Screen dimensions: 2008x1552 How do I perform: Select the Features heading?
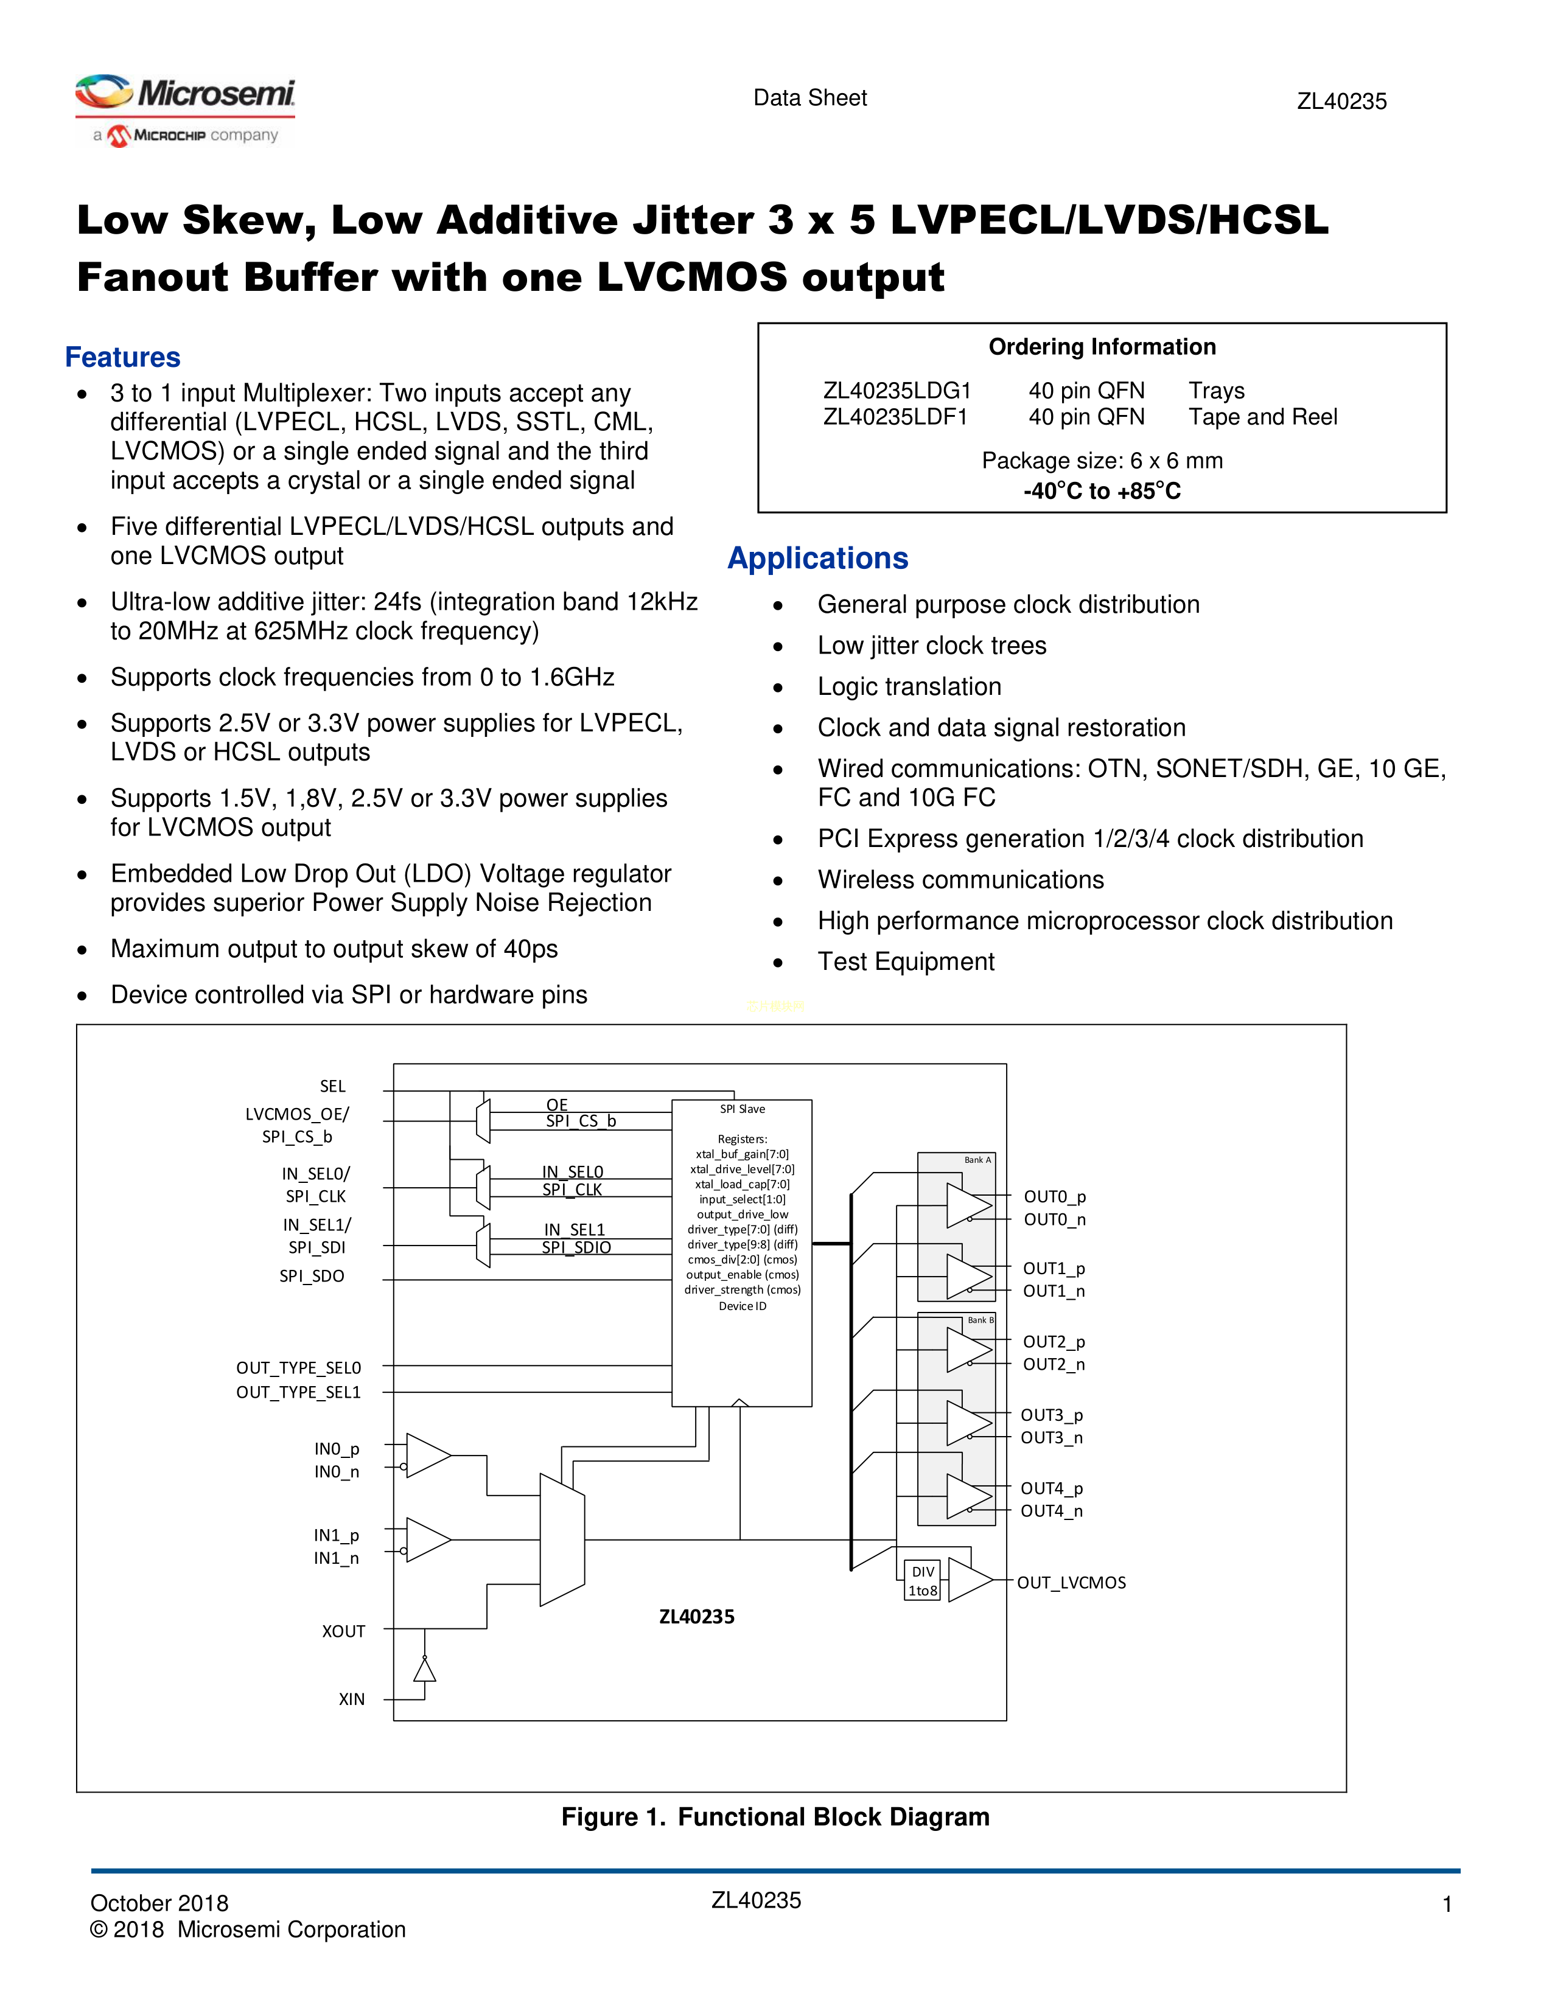(x=122, y=357)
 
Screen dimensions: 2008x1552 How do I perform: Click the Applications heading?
(x=817, y=558)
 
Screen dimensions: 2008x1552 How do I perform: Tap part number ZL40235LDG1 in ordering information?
(x=897, y=391)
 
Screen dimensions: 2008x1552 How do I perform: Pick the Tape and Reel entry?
(x=1262, y=417)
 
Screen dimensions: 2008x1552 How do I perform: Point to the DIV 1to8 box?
(x=922, y=1580)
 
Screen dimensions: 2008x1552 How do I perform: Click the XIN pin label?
(x=351, y=1699)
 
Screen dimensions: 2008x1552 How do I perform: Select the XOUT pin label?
(x=343, y=1631)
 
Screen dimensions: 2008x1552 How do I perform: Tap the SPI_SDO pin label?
(x=312, y=1276)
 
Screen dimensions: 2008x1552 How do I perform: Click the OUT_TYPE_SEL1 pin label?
(x=298, y=1392)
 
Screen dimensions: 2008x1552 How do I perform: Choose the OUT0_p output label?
(x=1055, y=1196)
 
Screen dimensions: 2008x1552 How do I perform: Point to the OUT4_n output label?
(x=1052, y=1511)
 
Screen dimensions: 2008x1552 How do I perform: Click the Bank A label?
(x=977, y=1160)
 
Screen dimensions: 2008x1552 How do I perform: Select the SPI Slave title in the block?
(x=742, y=1109)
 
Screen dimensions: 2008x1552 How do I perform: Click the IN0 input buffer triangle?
(x=425, y=1455)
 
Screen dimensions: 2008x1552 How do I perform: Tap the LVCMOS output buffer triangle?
(x=968, y=1580)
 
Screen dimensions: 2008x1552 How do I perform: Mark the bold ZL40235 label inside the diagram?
(x=697, y=1616)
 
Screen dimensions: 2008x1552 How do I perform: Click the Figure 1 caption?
(x=775, y=1817)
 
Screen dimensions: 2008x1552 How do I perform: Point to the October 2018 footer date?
(x=159, y=1903)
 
